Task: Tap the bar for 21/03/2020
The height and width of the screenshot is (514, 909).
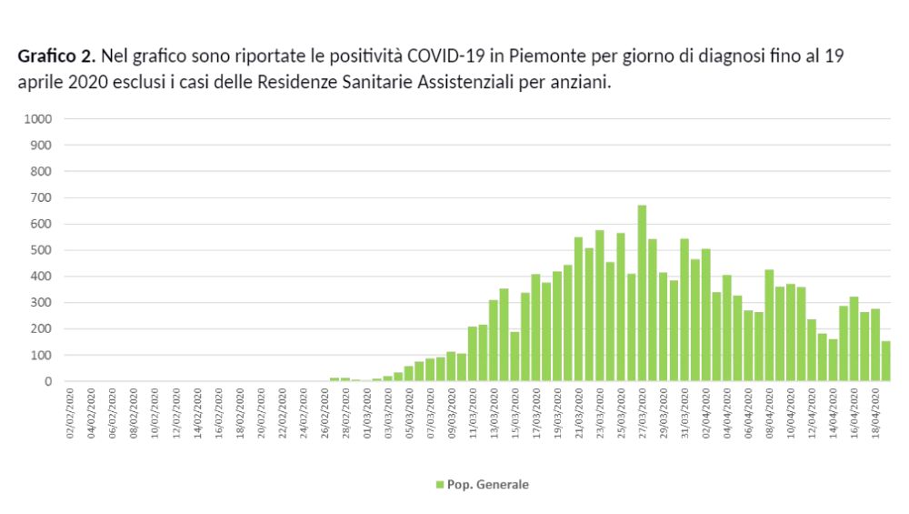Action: pos(578,309)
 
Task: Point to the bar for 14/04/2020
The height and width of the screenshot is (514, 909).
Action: pos(833,360)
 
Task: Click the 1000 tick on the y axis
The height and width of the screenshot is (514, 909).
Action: pos(42,119)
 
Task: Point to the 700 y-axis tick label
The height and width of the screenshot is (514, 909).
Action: pos(45,197)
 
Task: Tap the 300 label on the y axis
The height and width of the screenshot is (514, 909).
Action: pos(45,303)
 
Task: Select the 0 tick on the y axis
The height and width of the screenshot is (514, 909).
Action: pos(49,382)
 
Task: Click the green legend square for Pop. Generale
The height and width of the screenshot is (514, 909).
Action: pos(440,485)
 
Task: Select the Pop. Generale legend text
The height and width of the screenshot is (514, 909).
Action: pos(488,485)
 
